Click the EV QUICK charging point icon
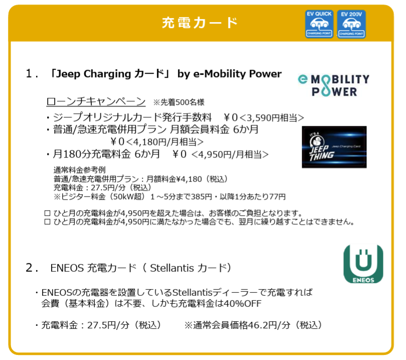pos(319,24)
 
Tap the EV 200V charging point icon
pos(351,24)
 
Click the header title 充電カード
pos(199,23)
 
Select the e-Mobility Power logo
pos(334,85)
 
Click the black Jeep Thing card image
pos(334,147)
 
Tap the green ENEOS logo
pos(363,264)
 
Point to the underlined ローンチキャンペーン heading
pos(96,101)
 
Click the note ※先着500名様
pos(178,102)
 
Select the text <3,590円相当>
pos(272,118)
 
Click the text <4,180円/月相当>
pos(165,142)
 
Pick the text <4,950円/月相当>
pos(230,154)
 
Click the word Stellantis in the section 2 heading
pos(172,268)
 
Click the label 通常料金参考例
pos(80,170)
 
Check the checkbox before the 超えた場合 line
pos(48,214)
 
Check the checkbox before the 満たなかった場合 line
pos(48,222)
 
